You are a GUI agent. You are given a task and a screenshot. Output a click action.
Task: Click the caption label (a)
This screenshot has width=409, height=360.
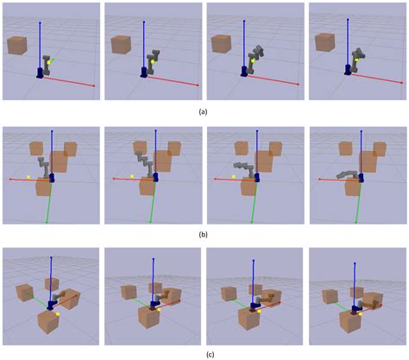pyautogui.click(x=203, y=112)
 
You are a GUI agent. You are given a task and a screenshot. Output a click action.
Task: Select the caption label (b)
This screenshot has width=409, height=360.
pyautogui.click(x=203, y=234)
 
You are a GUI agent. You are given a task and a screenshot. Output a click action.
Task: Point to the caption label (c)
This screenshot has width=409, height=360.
pyautogui.click(x=211, y=355)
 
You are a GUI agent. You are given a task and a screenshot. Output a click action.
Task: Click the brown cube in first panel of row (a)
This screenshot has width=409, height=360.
pyautogui.click(x=17, y=45)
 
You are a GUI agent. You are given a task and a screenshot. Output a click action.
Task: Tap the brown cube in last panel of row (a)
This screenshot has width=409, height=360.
pyautogui.click(x=325, y=42)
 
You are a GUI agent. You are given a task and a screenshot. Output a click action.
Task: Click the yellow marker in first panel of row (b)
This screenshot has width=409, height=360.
pyautogui.click(x=28, y=177)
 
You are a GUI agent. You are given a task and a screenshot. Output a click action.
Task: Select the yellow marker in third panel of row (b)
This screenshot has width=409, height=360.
pyautogui.click(x=233, y=177)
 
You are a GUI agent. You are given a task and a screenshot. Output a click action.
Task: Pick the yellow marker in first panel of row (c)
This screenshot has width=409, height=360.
pyautogui.click(x=58, y=314)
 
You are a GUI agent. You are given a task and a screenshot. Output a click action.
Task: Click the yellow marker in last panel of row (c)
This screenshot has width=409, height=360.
pyautogui.click(x=361, y=314)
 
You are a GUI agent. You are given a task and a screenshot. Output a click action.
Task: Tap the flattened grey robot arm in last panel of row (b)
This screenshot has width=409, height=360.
pyautogui.click(x=348, y=174)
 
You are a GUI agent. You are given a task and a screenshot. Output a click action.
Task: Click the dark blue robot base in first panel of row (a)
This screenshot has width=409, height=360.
pyautogui.click(x=41, y=73)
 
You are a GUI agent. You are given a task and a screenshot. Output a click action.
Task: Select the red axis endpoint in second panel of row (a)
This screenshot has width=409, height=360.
pyautogui.click(x=198, y=85)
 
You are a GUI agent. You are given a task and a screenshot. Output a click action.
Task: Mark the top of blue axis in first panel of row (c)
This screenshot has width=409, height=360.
pyautogui.click(x=51, y=257)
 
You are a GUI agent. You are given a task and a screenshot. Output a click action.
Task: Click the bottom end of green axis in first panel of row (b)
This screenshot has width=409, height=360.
pyautogui.click(x=47, y=223)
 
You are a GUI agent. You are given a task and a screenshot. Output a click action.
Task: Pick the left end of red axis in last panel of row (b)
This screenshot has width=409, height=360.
pyautogui.click(x=319, y=179)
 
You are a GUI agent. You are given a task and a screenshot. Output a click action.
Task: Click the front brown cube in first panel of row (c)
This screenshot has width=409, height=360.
pyautogui.click(x=48, y=322)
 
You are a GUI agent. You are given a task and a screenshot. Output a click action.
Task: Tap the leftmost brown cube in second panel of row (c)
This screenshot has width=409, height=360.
pyautogui.click(x=129, y=292)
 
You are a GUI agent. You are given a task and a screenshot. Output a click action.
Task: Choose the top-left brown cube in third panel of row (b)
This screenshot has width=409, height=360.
pyautogui.click(x=242, y=148)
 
